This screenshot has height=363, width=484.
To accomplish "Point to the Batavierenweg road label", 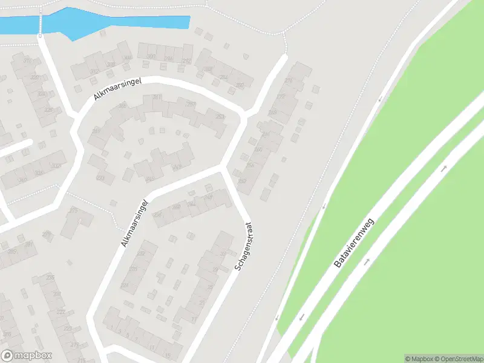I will click(x=355, y=243).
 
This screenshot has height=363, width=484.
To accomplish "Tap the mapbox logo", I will click(x=27, y=356).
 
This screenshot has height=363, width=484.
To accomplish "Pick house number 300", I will click(x=151, y=56).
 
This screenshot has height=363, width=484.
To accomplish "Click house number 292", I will click(x=187, y=61).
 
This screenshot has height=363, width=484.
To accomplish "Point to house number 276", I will click(x=287, y=80).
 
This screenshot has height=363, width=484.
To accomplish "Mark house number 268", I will click(x=273, y=112).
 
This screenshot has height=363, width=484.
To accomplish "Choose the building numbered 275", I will click(x=74, y=210).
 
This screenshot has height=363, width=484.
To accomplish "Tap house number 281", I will click(x=157, y=97).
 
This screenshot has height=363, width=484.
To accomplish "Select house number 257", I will click(x=190, y=104).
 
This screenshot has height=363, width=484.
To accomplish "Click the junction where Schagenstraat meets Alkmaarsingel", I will click(x=222, y=168).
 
